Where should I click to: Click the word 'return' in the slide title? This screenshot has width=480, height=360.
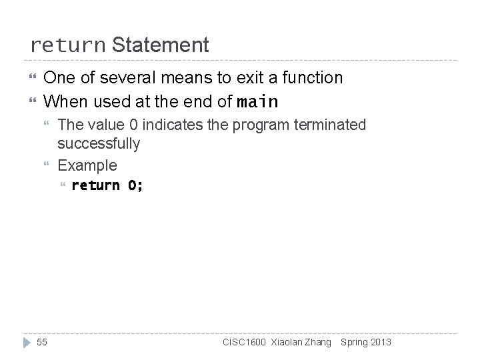click(x=67, y=46)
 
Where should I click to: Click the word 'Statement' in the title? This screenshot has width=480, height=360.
click(x=161, y=45)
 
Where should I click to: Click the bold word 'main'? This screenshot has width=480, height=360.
click(x=257, y=103)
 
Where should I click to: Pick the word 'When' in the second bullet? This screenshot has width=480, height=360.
click(x=65, y=102)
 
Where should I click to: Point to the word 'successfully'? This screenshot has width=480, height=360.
click(x=99, y=143)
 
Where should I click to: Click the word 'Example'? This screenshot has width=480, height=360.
click(x=87, y=165)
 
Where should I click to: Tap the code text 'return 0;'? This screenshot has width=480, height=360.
click(x=107, y=185)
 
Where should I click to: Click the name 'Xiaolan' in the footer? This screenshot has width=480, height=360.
click(x=286, y=343)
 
